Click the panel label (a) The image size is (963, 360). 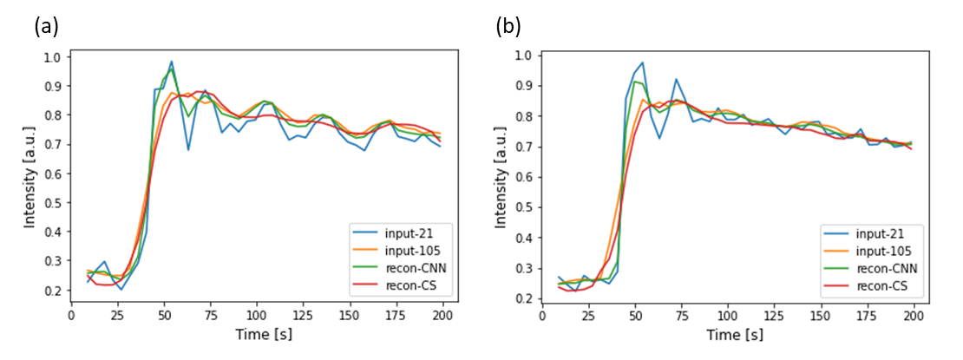pos(46,27)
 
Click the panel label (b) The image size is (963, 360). pos(508,27)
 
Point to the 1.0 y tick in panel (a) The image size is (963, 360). pos(54,57)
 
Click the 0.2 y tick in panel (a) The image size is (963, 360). pos(54,291)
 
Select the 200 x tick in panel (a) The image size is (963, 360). pos(441,316)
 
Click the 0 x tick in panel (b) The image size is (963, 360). pos(541,317)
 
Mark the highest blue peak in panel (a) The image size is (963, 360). pos(172,62)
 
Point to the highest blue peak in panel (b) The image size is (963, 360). pos(643,62)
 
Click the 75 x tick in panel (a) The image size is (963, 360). pos(210,316)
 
